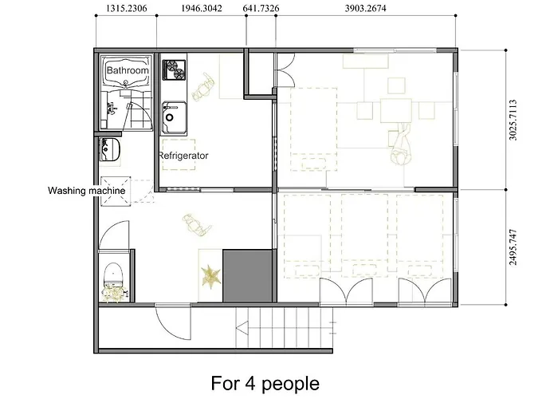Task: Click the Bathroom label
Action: [128, 71]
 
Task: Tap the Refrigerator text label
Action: [183, 156]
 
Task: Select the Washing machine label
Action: [85, 191]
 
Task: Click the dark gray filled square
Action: [247, 275]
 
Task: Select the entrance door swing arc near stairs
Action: [171, 323]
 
